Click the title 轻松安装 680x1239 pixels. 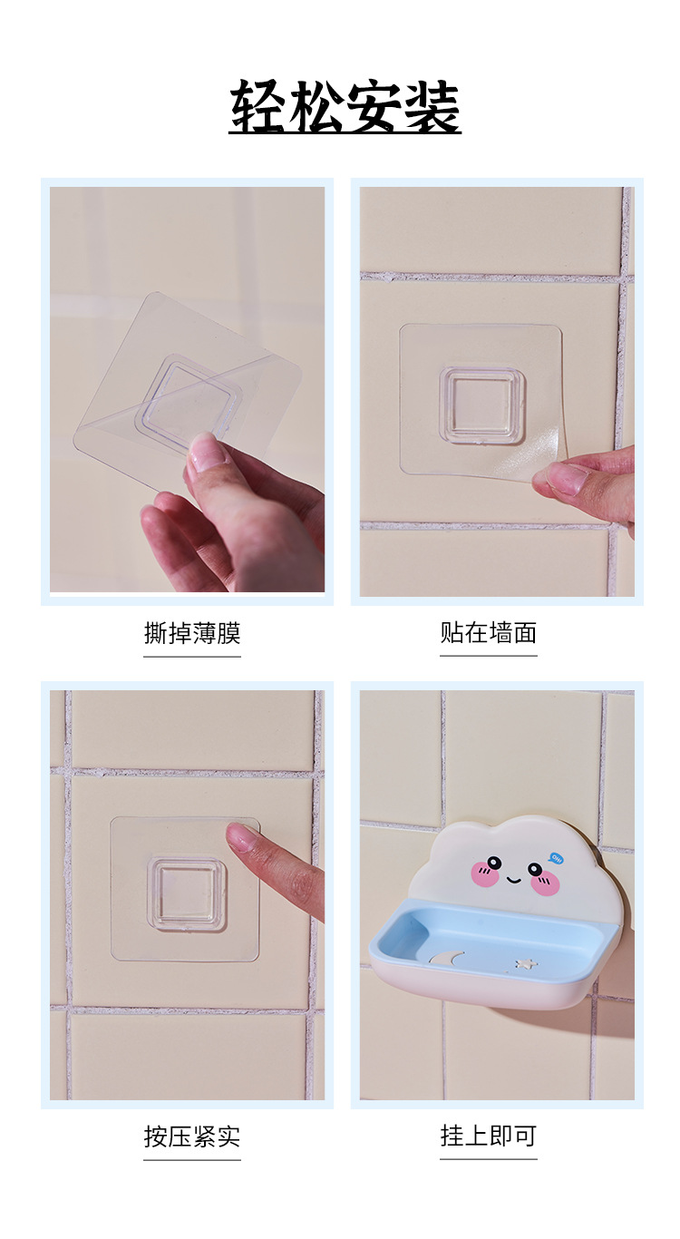tap(345, 107)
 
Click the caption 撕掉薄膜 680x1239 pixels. tap(191, 632)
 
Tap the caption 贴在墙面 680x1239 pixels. tap(488, 632)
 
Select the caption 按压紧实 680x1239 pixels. tap(191, 1136)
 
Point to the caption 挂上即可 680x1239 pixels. tap(488, 1136)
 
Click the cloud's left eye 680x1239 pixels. tap(494, 863)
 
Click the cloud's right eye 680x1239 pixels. tap(537, 871)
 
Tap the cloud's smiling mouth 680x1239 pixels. tap(514, 879)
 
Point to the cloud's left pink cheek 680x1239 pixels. tap(484, 875)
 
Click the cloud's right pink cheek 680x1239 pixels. tap(546, 884)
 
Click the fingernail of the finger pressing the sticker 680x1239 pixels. tap(240, 836)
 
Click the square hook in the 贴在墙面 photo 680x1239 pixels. tap(482, 405)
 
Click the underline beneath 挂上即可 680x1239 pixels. tap(488, 1158)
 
